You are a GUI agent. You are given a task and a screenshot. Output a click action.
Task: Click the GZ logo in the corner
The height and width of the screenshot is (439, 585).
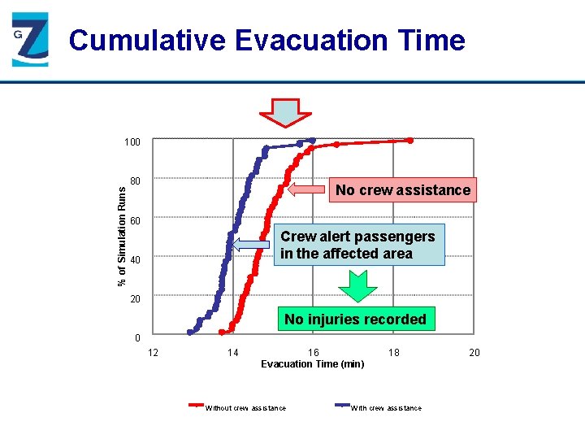point(30,41)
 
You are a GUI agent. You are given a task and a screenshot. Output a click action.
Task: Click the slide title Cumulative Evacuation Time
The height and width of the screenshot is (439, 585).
point(266,40)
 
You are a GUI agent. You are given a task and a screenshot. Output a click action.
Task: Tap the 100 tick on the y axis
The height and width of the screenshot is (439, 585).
point(132,142)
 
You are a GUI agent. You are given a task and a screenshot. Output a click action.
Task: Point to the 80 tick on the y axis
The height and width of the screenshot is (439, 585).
point(136,181)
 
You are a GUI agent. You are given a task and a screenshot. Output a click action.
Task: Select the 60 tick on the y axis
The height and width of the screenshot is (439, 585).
point(136,221)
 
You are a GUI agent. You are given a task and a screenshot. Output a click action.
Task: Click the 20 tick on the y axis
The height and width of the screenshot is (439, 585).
point(136,299)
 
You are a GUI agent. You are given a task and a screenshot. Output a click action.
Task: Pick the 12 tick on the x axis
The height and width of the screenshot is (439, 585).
point(152,352)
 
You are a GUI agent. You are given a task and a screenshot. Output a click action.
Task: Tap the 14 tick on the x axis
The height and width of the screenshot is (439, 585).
point(232,352)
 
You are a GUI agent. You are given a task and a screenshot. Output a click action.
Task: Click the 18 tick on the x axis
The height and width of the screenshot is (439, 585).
point(393,352)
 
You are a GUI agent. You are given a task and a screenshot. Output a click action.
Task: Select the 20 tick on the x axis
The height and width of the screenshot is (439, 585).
point(474,352)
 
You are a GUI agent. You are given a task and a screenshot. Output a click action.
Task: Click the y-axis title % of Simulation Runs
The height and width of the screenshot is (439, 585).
point(122,236)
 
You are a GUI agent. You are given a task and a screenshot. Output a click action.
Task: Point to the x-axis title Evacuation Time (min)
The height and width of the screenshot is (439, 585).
point(312,363)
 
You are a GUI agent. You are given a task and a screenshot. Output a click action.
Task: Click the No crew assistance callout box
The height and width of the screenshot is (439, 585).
point(403,190)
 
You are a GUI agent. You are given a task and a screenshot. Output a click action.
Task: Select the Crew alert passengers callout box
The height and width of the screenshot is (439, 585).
point(357,245)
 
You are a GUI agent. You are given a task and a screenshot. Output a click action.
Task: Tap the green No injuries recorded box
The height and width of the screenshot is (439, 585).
point(355,319)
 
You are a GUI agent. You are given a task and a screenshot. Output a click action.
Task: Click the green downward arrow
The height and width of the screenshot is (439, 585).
point(357,285)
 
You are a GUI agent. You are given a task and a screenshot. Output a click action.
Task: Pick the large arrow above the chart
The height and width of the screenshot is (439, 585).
point(284,112)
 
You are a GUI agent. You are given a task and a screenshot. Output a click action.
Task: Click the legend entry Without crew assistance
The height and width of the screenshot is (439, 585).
point(244,407)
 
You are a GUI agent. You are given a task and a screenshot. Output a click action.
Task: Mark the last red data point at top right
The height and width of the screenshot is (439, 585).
point(409,141)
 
